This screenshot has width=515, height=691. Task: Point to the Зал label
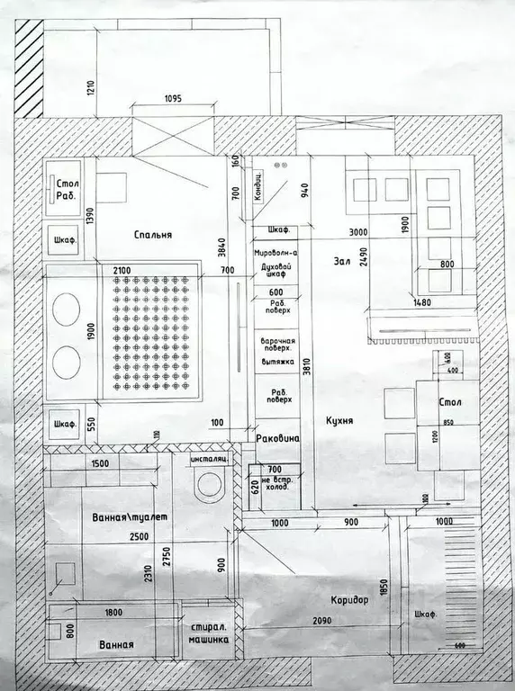pos(340,262)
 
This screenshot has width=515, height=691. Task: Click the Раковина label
pos(282,438)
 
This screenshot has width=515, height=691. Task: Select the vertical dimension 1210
pos(91,87)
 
